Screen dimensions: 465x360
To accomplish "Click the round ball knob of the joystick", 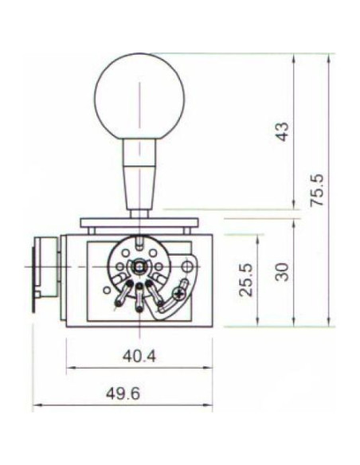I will (139, 98).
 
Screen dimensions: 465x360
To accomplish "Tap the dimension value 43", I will (281, 131).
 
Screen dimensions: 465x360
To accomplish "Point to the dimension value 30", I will (281, 272).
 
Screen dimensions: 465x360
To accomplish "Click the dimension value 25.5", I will (245, 279).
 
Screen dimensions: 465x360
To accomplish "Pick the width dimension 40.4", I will (139, 355).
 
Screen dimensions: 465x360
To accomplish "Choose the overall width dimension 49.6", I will (122, 394).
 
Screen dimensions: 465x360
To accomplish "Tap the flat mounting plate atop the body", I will (139, 222).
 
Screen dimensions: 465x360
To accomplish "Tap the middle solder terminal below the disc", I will (139, 298).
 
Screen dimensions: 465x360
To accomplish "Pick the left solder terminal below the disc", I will (122, 299).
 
